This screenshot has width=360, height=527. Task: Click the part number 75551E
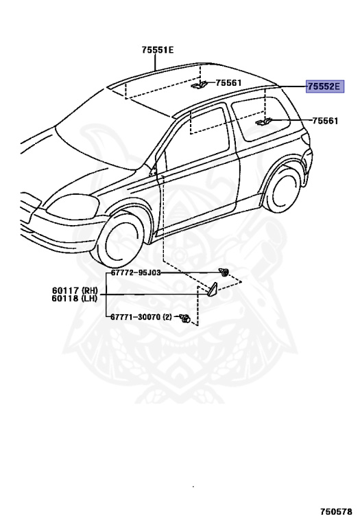(158, 50)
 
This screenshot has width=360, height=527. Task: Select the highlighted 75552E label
(325, 86)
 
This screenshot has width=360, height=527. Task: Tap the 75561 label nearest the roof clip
(228, 82)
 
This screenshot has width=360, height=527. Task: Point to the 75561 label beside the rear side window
(325, 121)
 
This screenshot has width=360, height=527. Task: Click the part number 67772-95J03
(136, 272)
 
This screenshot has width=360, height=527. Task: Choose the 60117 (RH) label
(75, 290)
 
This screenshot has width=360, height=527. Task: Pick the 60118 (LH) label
(75, 298)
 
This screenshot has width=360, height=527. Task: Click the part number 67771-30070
(136, 317)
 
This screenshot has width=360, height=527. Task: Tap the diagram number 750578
(336, 511)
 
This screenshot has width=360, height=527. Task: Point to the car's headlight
(72, 205)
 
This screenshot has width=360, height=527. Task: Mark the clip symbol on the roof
(199, 85)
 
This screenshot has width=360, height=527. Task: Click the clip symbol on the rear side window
(264, 122)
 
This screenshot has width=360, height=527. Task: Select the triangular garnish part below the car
(213, 290)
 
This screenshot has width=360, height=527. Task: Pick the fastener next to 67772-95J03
(224, 272)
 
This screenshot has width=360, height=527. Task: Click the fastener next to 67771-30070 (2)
(185, 318)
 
